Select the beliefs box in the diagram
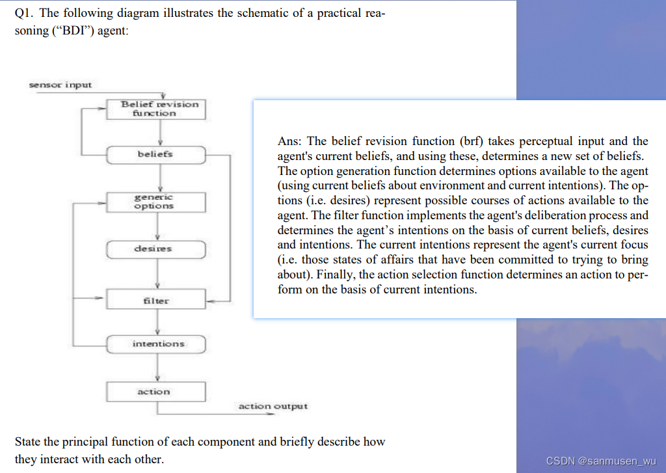pos(156,154)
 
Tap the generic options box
pos(156,202)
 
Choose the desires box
pos(156,249)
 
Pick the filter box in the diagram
pos(156,301)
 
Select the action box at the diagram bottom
pos(156,392)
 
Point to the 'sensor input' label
pos(60,85)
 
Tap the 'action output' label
pos(273,407)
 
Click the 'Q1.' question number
pos(25,14)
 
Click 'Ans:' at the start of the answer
pos(289,141)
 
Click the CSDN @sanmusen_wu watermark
pos(601,461)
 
